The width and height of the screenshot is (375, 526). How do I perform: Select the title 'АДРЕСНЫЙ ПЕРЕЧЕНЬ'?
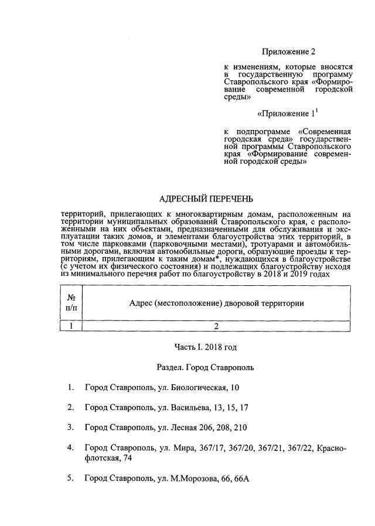click(x=207, y=200)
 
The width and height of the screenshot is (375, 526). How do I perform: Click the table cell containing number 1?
click(x=71, y=326)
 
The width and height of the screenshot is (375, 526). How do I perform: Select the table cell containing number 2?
click(x=216, y=326)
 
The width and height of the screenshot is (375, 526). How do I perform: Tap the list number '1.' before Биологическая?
click(x=70, y=387)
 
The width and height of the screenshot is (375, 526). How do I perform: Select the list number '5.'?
click(x=70, y=479)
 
